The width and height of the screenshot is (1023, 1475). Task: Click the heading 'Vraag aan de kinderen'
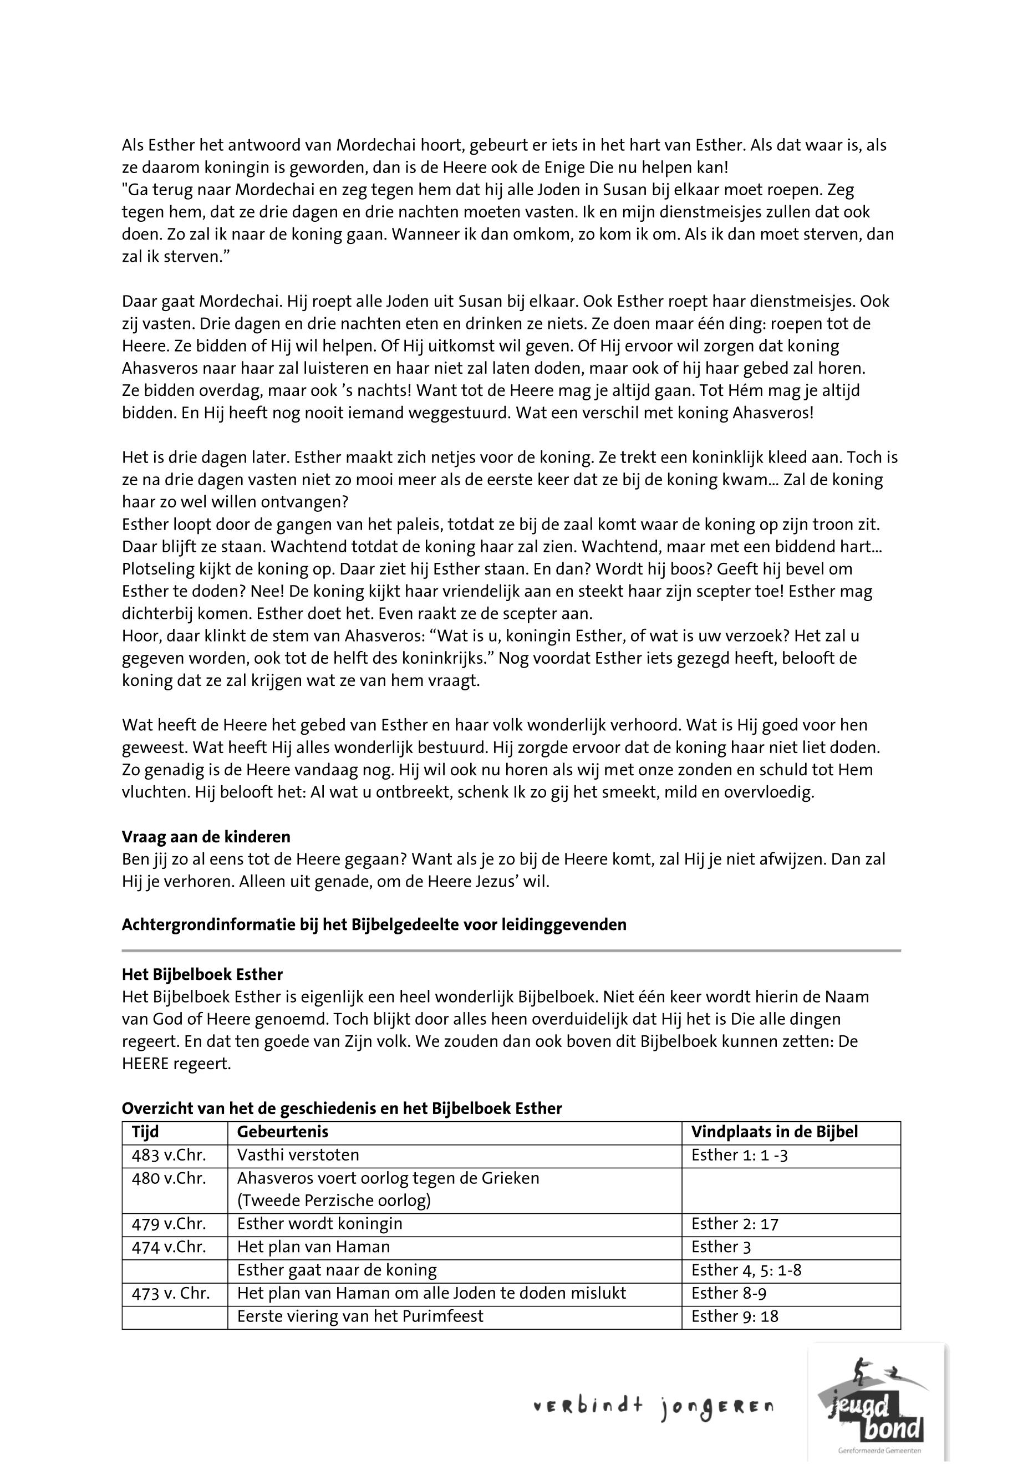click(x=206, y=837)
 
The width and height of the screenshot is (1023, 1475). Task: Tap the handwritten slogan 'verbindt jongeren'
click(x=653, y=1408)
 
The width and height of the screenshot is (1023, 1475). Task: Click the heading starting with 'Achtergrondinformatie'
click(x=374, y=924)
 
